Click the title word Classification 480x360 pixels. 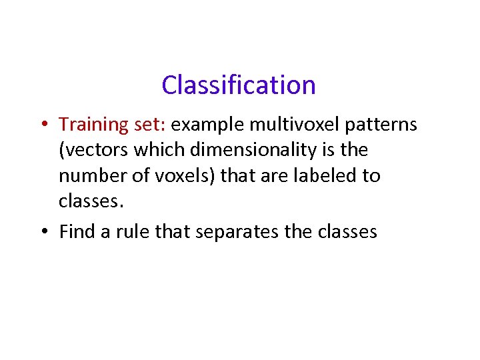coord(238,85)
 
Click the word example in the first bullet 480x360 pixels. coord(209,125)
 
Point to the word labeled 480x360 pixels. coord(320,176)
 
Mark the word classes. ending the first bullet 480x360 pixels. coord(90,201)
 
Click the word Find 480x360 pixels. coord(77,231)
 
